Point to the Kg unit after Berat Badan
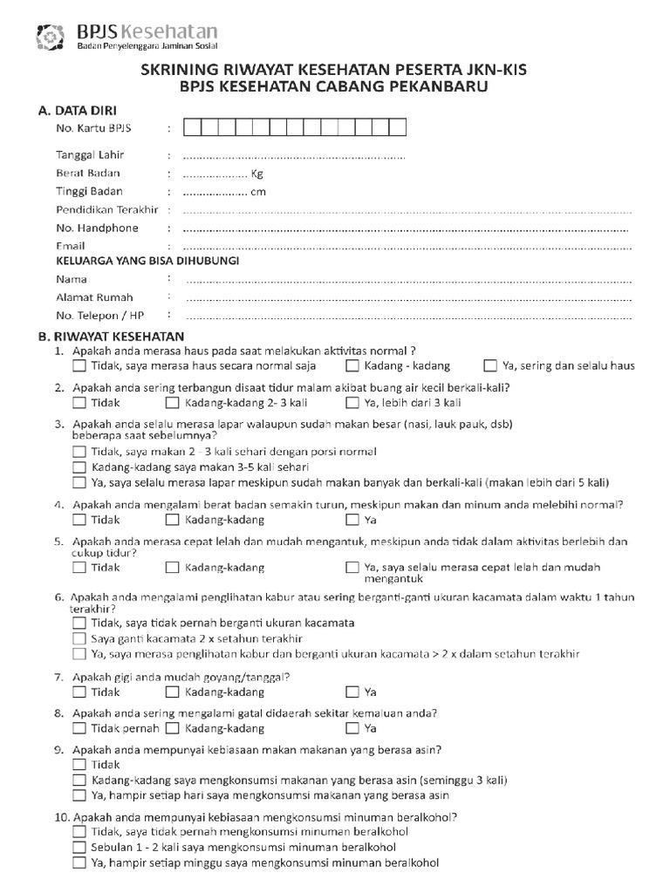click(x=256, y=174)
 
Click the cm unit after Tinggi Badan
click(x=257, y=192)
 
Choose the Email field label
click(x=71, y=246)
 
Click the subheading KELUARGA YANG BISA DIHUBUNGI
click(x=147, y=261)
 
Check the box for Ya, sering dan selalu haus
click(x=490, y=366)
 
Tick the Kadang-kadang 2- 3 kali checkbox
click(x=173, y=403)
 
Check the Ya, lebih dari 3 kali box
click(x=352, y=403)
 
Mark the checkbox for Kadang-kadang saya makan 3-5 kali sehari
click(x=79, y=468)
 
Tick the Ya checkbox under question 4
click(x=352, y=521)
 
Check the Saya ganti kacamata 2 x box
click(x=79, y=638)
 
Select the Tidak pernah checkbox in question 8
click(x=79, y=728)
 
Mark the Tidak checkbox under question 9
click(x=79, y=765)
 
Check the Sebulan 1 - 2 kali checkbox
click(x=79, y=847)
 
